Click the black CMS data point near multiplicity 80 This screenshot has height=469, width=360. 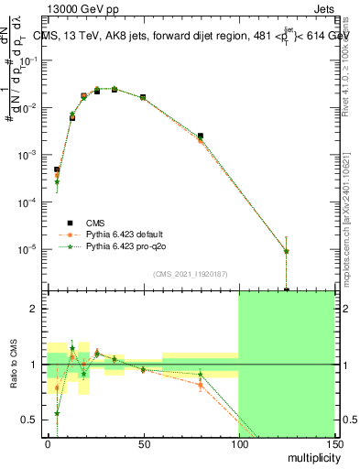(x=200, y=136)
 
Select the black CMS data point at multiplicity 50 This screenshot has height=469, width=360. (x=143, y=96)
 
